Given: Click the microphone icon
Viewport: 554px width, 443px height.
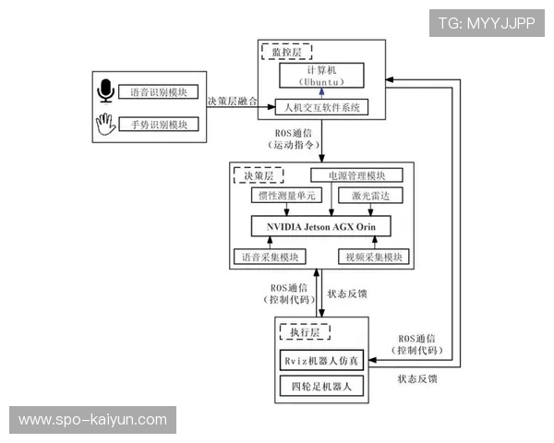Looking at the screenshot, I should tap(105, 92).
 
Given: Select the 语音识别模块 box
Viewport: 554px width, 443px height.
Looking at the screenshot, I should tap(159, 92).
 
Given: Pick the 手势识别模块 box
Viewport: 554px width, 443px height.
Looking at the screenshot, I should tap(159, 124).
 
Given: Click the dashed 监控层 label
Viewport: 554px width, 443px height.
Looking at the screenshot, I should tap(286, 53).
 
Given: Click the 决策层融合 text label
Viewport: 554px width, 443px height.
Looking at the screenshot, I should tap(233, 101).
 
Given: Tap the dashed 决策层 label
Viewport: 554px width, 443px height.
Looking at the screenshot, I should tap(258, 175).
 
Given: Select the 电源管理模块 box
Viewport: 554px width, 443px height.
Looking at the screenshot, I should tap(356, 175).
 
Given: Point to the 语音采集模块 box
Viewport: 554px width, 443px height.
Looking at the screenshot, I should tap(269, 257).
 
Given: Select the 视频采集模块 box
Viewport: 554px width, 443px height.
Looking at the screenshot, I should tap(373, 257).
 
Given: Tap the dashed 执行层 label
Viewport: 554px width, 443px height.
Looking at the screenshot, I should tap(304, 329).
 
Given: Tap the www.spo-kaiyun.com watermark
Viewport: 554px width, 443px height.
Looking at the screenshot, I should tap(92, 420).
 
